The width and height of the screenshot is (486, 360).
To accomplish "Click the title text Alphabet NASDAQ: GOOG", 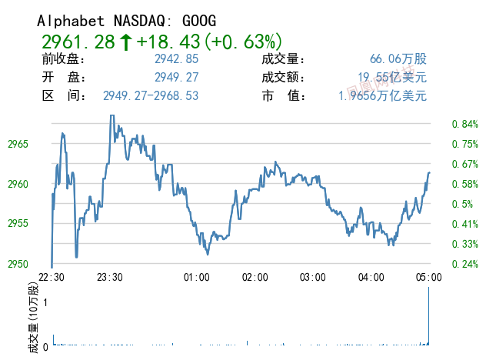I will pyautogui.click(x=127, y=20).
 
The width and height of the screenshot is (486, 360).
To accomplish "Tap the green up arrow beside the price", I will pyautogui.click(x=125, y=41).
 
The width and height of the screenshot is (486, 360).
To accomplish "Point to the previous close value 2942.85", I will pyautogui.click(x=177, y=59).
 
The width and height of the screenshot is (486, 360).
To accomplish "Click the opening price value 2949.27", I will pyautogui.click(x=177, y=78).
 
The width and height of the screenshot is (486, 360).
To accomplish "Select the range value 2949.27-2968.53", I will pyautogui.click(x=151, y=96).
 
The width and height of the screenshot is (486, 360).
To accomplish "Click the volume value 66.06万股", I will pyautogui.click(x=398, y=59).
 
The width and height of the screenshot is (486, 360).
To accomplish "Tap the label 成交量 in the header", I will pyautogui.click(x=284, y=59).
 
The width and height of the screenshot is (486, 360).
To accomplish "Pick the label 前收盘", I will pyautogui.click(x=64, y=59).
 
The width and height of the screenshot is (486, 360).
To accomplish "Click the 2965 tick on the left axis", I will pyautogui.click(x=18, y=144).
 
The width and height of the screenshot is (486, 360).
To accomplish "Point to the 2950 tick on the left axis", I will pyautogui.click(x=18, y=264).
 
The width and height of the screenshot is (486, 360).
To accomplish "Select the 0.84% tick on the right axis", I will pyautogui.click(x=465, y=124).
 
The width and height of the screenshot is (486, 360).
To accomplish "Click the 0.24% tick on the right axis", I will pyautogui.click(x=465, y=264).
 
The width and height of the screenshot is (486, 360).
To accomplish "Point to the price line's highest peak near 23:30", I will pyautogui.click(x=112, y=116).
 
